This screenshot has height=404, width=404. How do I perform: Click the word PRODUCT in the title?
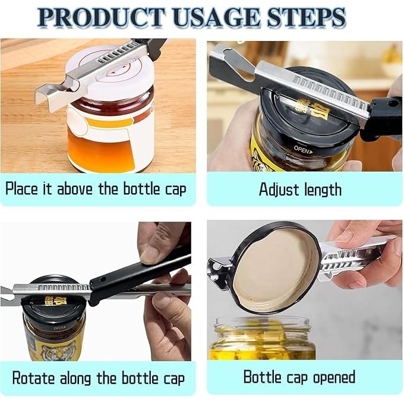click(102, 17)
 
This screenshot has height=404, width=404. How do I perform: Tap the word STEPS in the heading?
click(306, 17)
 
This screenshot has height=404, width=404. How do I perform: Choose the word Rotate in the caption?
click(33, 378)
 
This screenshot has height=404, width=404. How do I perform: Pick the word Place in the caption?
click(21, 188)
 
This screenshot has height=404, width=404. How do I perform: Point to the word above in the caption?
click(75, 188)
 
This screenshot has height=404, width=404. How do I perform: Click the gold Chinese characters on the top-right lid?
click(313, 109)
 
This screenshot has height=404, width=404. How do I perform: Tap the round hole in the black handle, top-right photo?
click(393, 103)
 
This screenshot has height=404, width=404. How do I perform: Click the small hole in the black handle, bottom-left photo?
click(103, 279)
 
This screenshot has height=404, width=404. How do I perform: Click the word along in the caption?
click(75, 379)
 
